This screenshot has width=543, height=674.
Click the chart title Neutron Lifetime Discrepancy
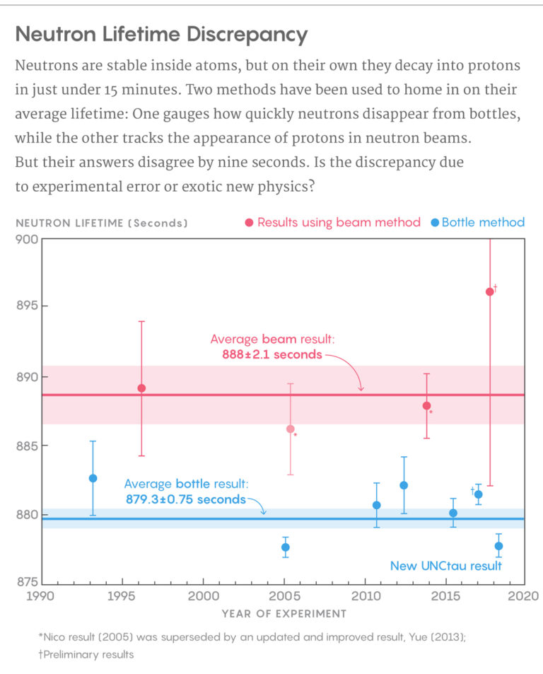click(161, 35)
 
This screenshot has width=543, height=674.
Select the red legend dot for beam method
click(249, 223)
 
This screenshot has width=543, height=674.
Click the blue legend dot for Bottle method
click(435, 223)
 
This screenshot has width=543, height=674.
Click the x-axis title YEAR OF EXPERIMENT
click(284, 613)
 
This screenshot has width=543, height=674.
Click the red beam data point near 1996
click(141, 388)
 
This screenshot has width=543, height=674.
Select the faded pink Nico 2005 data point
click(290, 429)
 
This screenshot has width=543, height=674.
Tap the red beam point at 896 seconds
click(490, 291)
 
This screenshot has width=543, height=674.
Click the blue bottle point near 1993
click(93, 478)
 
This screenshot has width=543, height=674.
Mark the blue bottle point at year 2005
click(286, 547)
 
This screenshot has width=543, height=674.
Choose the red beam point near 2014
click(426, 405)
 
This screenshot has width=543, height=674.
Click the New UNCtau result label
click(446, 566)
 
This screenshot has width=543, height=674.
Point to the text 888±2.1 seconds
click(272, 354)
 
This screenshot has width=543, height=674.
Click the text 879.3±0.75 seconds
click(185, 499)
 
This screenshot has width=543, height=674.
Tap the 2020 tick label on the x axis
click(525, 595)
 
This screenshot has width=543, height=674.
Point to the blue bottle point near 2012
click(404, 485)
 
